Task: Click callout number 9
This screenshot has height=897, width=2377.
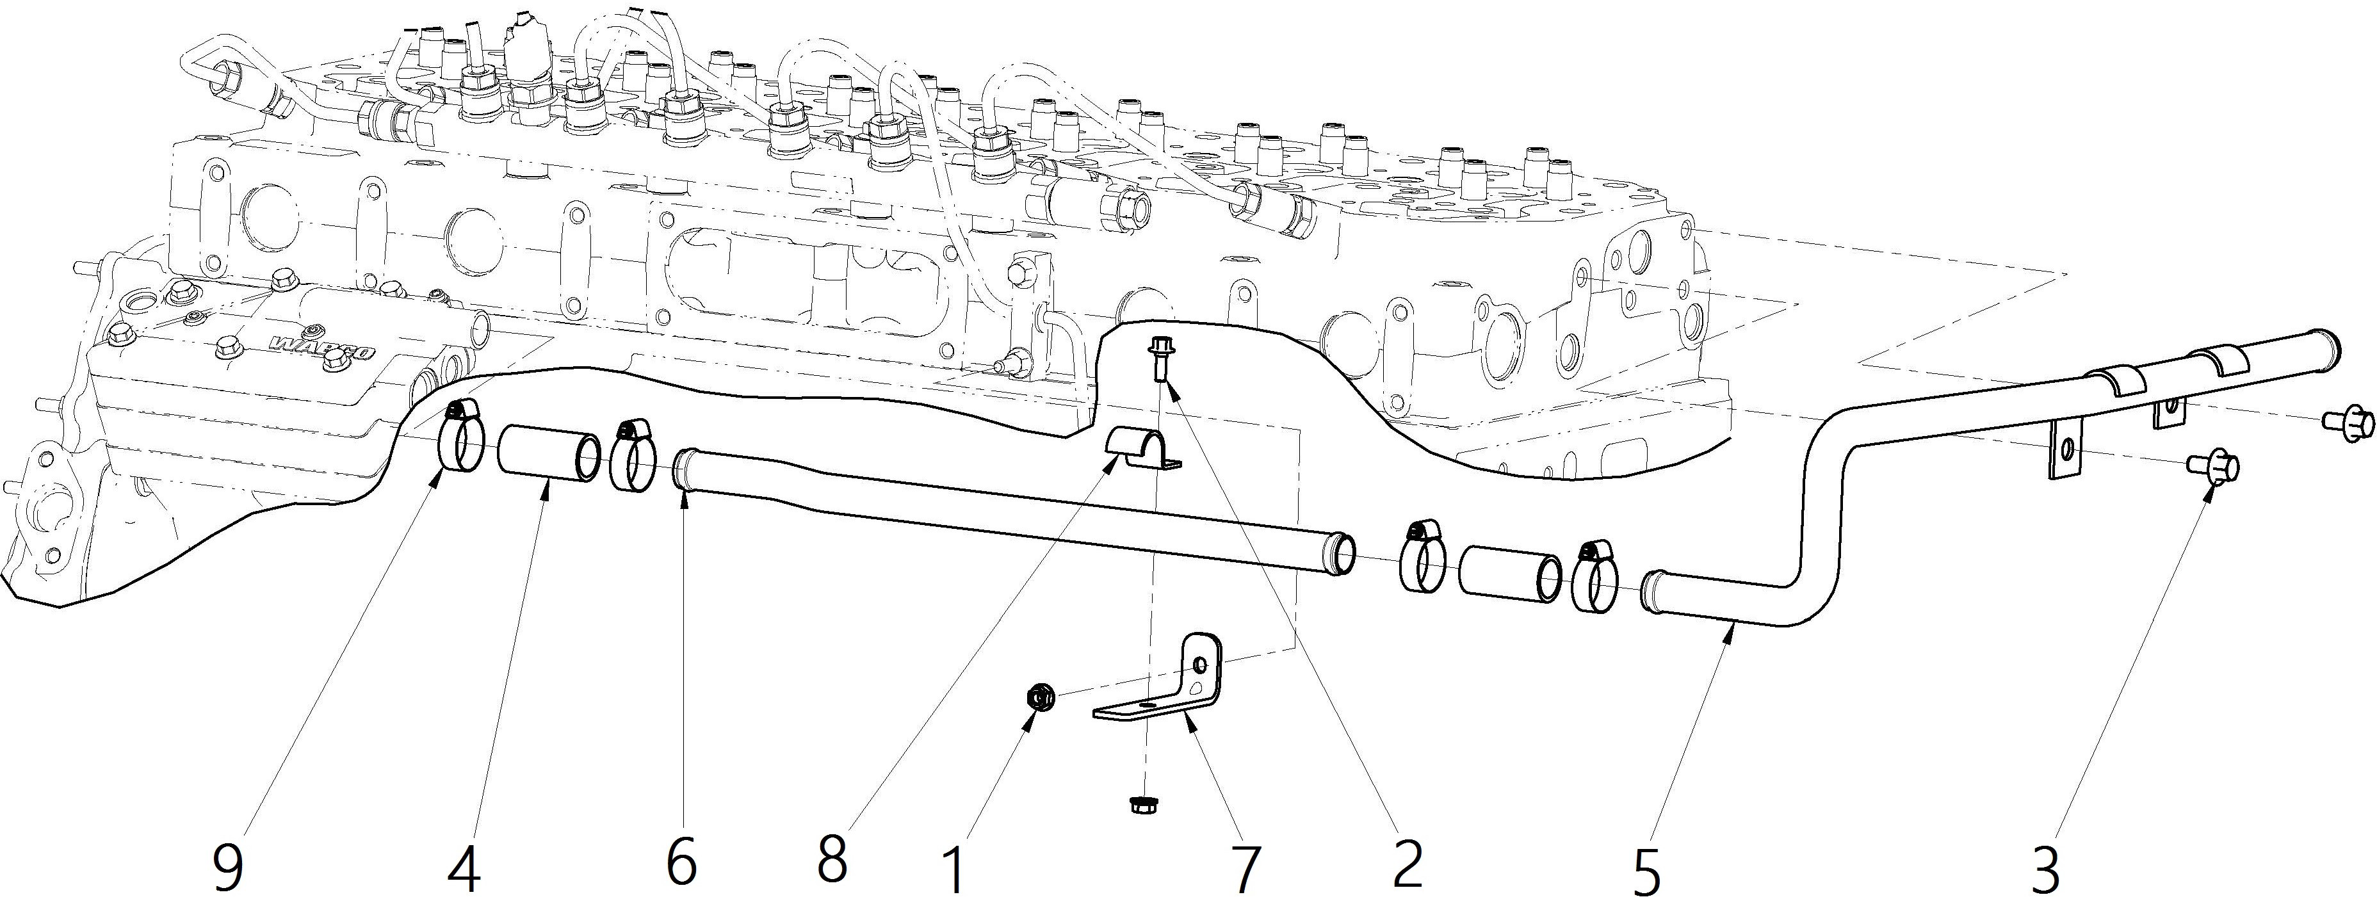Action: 229,866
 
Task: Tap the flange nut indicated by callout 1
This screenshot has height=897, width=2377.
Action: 1039,699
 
